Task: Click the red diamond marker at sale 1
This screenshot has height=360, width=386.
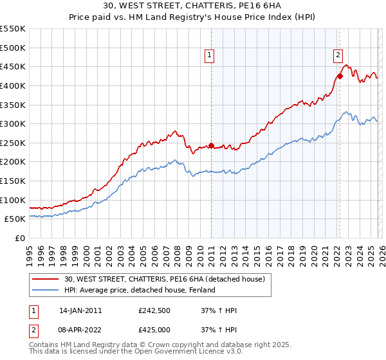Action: pos(211,145)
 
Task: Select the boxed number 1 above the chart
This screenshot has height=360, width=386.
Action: pos(210,56)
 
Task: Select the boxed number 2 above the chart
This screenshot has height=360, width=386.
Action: pos(338,56)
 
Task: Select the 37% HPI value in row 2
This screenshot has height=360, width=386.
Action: pos(219,330)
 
